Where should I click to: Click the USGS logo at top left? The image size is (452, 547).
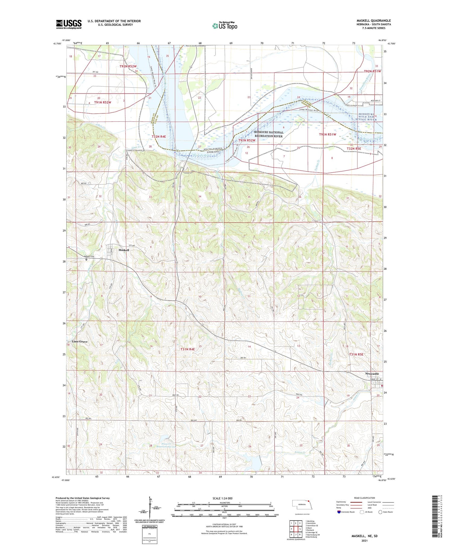(69, 24)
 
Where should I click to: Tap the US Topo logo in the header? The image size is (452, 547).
(224, 26)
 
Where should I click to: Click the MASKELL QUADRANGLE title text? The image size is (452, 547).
(374, 21)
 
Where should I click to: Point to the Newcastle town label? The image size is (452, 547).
(372, 374)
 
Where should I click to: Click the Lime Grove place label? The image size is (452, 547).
(79, 342)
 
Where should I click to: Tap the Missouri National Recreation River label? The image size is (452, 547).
(268, 134)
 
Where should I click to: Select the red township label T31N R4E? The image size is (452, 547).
(187, 349)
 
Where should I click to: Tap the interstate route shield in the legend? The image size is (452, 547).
(339, 512)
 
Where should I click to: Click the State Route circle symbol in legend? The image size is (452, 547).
(380, 512)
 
